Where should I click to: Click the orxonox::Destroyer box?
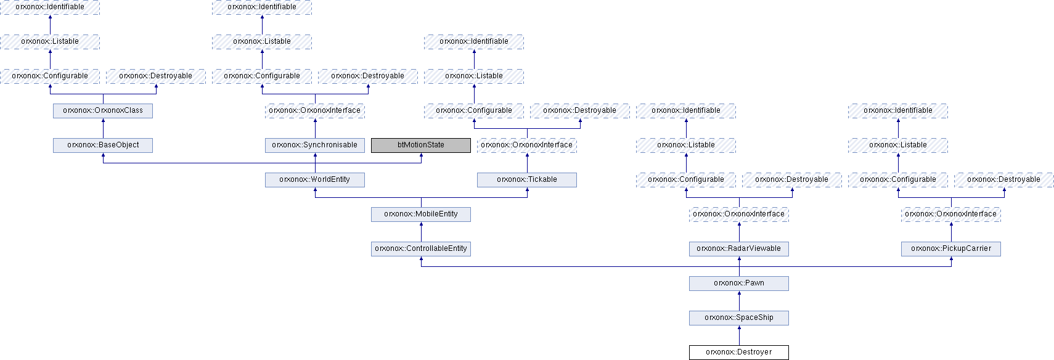739,353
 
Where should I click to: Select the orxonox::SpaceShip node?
739,317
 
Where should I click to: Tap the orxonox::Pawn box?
739,284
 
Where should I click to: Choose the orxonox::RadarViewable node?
739,249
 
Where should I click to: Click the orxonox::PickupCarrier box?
951,249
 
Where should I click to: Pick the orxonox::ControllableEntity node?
420,249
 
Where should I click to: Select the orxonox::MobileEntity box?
420,214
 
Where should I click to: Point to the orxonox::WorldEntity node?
315,180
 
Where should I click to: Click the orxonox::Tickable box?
527,180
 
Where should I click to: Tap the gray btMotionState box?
420,145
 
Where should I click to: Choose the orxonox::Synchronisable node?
315,145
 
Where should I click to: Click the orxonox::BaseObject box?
103,145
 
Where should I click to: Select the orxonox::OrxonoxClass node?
103,110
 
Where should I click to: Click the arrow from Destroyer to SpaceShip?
739,335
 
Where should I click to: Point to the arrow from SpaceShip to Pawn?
739,301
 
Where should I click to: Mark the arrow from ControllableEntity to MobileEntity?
421,232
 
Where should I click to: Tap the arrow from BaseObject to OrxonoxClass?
103,128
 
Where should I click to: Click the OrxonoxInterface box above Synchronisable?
315,110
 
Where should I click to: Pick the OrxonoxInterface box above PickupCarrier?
951,214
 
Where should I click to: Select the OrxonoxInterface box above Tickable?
527,145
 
